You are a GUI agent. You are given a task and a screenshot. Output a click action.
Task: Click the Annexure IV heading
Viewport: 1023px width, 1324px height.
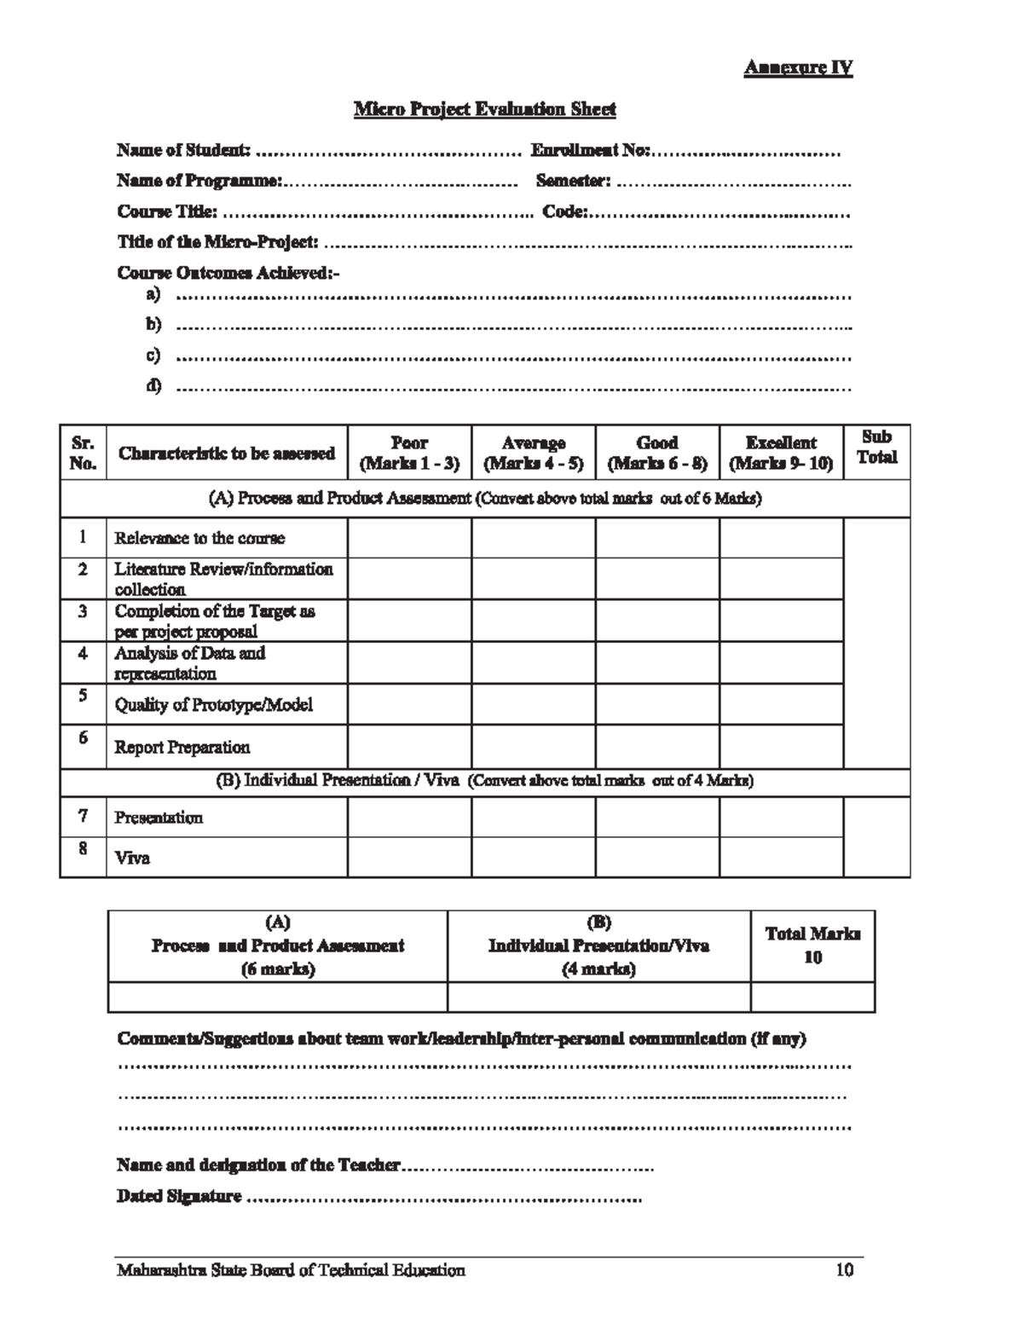pos(798,68)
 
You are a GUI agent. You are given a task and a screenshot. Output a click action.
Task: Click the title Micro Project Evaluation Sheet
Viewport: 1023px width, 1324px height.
pos(484,109)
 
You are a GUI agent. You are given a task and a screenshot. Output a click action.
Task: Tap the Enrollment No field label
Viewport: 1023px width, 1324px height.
pos(590,151)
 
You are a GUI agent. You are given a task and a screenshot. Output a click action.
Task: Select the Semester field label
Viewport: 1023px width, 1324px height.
pos(573,182)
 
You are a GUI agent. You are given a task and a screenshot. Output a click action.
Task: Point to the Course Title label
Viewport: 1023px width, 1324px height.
pos(167,211)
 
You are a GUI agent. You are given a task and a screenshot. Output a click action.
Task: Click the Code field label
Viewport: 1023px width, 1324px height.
pos(564,211)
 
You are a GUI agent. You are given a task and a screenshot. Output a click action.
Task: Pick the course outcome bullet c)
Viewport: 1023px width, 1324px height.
pos(153,356)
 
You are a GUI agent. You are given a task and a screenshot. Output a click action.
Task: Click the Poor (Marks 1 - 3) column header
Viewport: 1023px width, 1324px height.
pos(409,453)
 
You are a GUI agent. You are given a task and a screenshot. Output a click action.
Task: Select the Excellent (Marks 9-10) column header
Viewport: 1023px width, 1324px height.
pos(781,453)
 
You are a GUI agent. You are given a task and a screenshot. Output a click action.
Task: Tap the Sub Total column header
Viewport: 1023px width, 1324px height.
pos(876,447)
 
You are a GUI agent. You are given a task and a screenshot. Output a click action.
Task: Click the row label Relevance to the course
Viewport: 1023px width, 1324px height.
pos(199,538)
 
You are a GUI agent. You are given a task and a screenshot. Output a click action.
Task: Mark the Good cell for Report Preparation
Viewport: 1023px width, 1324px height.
pos(657,747)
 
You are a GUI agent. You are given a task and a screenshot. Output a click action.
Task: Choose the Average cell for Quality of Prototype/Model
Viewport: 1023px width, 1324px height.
pos(533,704)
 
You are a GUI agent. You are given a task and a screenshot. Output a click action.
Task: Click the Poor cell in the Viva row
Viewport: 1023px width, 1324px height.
pos(409,858)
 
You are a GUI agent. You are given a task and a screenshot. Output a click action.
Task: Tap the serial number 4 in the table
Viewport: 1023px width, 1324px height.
pos(83,654)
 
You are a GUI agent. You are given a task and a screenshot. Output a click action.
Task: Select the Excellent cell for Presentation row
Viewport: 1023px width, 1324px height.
pos(781,817)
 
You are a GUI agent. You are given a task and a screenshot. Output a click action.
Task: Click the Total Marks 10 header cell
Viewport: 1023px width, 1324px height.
pos(812,945)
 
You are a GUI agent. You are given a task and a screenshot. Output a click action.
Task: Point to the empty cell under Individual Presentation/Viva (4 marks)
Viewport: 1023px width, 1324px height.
pos(598,997)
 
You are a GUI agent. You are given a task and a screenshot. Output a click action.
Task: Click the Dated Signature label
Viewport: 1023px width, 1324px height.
pos(179,1197)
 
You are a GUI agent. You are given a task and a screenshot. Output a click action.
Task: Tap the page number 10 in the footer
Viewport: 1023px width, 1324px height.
pos(844,1270)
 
